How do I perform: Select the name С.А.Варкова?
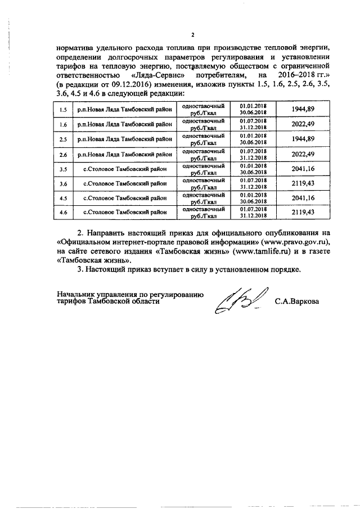(x=296, y=302)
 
